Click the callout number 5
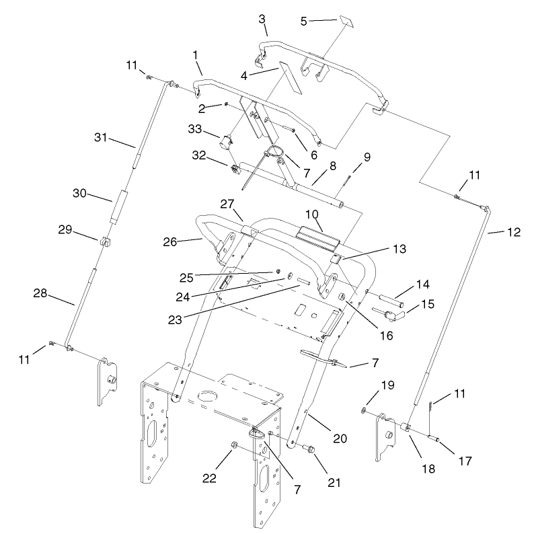(304, 21)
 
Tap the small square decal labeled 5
(346, 21)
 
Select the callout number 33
(195, 129)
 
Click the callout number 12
(514, 232)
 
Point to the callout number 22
(209, 478)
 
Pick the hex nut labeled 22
(233, 445)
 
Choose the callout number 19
(388, 385)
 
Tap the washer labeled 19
(364, 411)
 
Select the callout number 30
(79, 194)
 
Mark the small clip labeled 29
(106, 242)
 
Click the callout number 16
(386, 336)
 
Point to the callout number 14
(422, 284)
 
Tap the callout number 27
(227, 204)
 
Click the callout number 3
(262, 20)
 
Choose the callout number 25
(186, 278)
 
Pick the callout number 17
(465, 461)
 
